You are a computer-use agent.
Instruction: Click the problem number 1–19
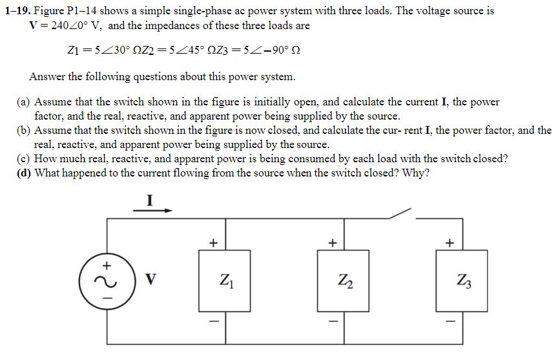(x=16, y=11)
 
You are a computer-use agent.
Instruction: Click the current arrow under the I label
(x=153, y=210)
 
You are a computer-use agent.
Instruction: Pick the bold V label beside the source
(x=150, y=279)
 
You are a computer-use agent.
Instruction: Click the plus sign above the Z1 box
(x=213, y=244)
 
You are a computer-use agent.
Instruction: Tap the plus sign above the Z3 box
(x=450, y=244)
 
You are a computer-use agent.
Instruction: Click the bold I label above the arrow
(x=150, y=200)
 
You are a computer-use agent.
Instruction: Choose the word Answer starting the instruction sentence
(x=47, y=76)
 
